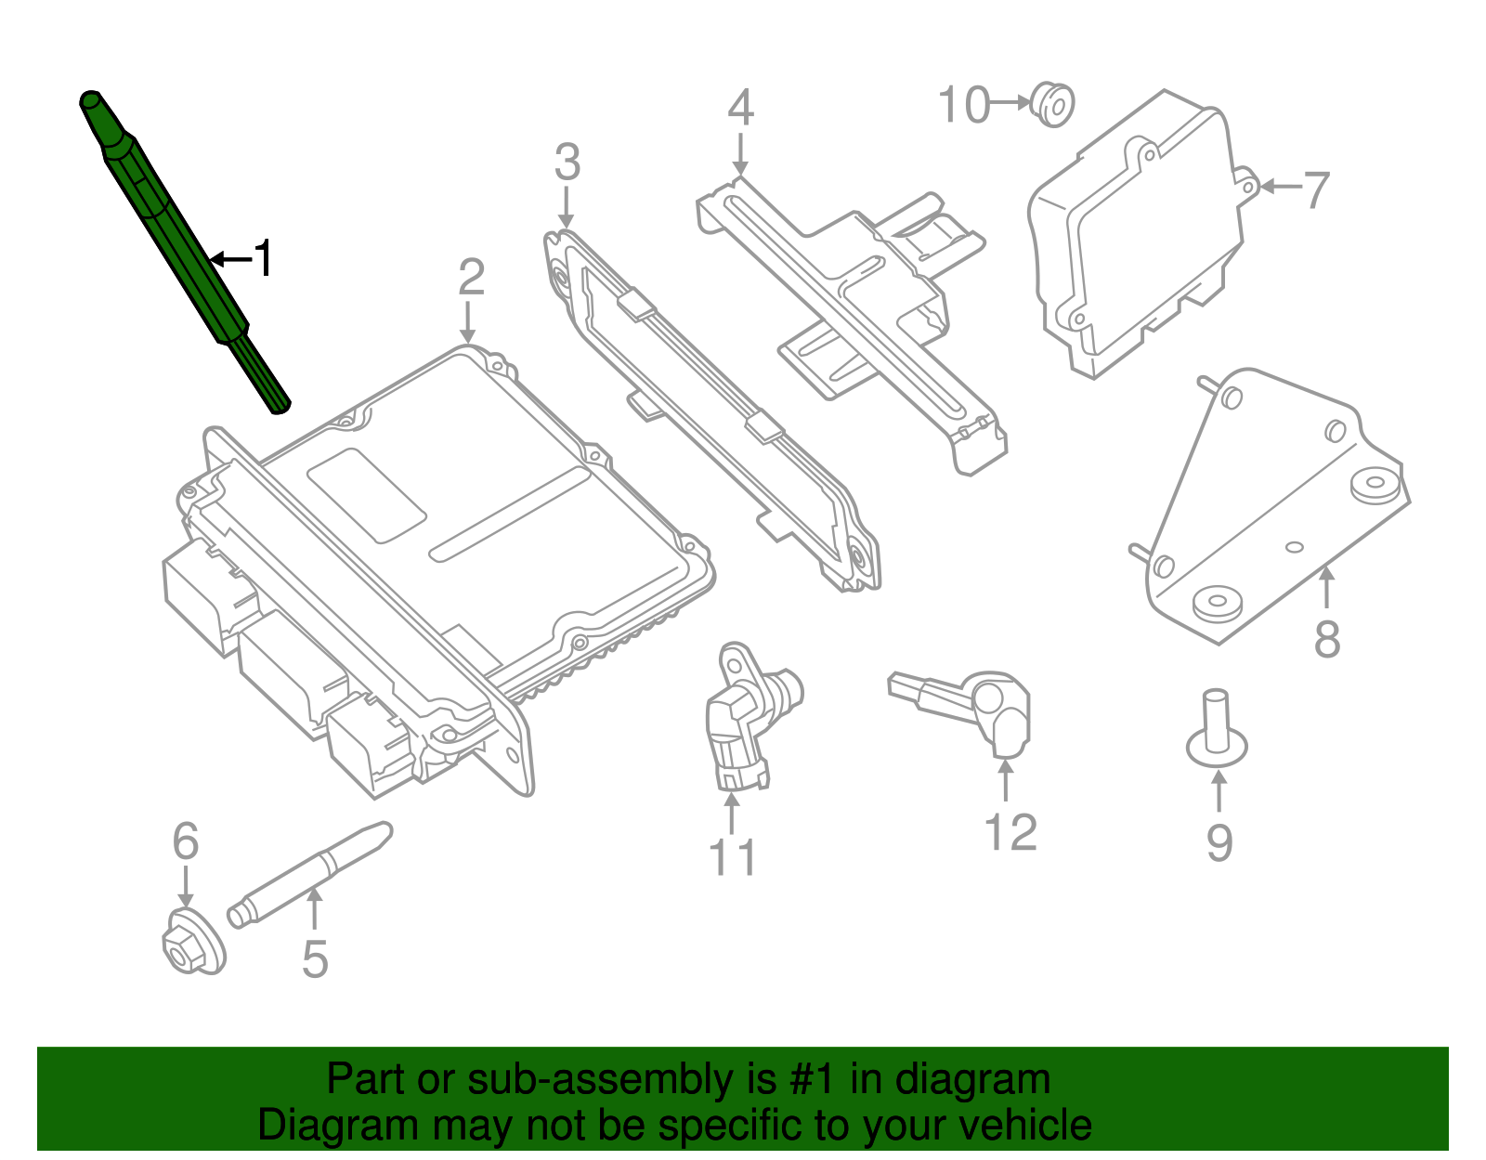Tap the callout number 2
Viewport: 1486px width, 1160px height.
pos(471,278)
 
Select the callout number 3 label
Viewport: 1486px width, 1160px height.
pos(567,163)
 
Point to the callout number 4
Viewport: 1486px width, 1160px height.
pos(740,109)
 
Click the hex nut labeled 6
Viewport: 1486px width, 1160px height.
pos(193,944)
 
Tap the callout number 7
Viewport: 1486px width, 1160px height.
pos(1316,189)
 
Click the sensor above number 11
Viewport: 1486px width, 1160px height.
pos(743,715)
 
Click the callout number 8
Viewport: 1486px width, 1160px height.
pos(1327,639)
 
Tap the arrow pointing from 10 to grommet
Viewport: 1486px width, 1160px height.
pos(1011,103)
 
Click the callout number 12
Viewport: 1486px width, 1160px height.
pos(1010,832)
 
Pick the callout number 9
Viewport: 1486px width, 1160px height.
pos(1219,842)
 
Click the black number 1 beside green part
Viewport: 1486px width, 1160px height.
pos(264,258)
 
